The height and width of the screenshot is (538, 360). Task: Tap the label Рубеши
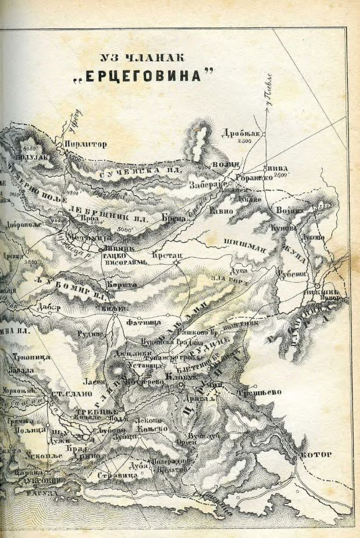tap(291, 276)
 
